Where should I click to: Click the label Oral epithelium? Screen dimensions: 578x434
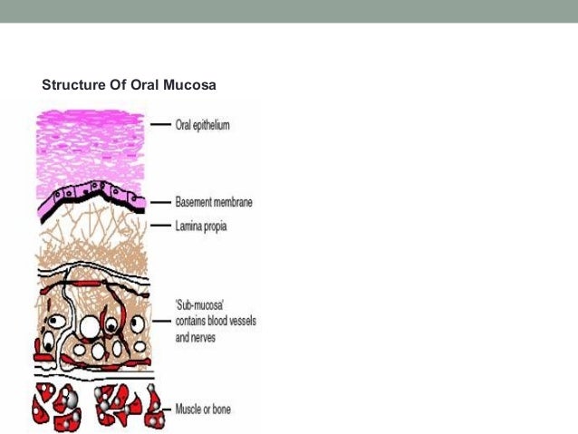pos(202,125)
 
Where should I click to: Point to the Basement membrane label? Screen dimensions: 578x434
pos(214,202)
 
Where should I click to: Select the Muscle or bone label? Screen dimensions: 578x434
pos(203,410)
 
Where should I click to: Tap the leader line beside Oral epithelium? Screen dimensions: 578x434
pos(160,125)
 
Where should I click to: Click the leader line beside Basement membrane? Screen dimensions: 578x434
pos(160,202)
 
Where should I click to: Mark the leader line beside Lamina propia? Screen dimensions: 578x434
pos(160,225)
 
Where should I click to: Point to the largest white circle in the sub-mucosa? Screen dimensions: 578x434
pos(91,324)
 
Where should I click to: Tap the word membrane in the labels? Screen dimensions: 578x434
pos(232,202)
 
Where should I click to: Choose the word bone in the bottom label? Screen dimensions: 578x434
pos(219,410)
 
